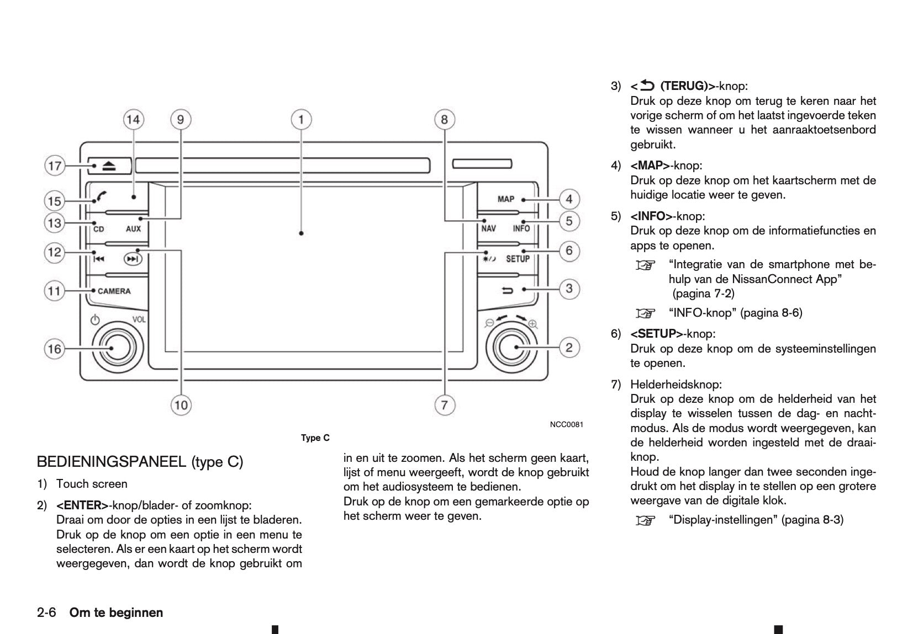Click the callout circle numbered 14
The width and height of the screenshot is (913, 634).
133,119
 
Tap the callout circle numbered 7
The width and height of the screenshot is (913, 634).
444,406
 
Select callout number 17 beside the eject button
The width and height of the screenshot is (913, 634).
55,166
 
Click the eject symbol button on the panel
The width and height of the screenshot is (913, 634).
109,166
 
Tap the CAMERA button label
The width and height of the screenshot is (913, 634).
114,291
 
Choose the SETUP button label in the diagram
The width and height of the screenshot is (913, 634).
518,259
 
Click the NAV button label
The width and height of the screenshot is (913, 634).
488,228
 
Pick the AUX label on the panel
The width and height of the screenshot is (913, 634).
133,228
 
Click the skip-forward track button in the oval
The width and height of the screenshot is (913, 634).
132,258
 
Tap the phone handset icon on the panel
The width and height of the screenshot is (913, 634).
101,196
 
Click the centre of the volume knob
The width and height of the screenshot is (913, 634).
113,348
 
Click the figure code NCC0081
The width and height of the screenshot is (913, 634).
566,424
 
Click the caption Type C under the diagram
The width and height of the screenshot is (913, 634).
315,438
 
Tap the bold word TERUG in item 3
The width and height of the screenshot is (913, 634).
683,86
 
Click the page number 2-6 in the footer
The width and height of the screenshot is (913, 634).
46,612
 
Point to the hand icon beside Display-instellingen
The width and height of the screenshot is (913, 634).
643,520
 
